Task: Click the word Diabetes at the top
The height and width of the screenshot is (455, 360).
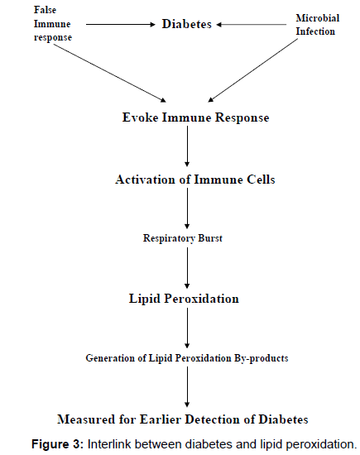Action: (187, 24)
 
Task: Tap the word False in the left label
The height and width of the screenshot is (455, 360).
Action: (45, 10)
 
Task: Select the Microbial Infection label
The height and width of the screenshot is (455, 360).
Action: (317, 25)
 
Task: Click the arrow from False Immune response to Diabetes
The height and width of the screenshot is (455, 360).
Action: (121, 25)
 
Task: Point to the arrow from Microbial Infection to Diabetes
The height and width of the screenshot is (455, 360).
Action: (251, 25)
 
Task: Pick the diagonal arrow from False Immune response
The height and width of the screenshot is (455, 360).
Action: (110, 73)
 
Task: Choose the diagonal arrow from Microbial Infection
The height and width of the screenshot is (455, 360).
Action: (253, 70)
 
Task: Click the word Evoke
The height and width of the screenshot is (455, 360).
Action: (140, 117)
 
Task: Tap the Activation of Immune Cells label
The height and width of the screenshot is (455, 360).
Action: (195, 180)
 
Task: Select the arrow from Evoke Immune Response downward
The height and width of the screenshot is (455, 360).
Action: (187, 146)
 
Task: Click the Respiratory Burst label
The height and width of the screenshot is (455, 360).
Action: (183, 238)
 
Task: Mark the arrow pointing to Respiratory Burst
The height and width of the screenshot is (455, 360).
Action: (187, 208)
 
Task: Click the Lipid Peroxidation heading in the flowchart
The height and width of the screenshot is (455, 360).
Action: (184, 299)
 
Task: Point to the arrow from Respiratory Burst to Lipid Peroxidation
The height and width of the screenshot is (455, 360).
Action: (187, 268)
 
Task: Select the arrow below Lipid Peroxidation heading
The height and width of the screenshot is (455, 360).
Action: (187, 328)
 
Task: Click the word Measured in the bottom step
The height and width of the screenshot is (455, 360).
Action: (86, 419)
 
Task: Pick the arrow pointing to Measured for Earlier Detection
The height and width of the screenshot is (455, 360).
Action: (187, 387)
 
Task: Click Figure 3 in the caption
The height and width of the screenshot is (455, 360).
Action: (57, 444)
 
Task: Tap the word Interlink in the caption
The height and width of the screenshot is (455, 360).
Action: (110, 444)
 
